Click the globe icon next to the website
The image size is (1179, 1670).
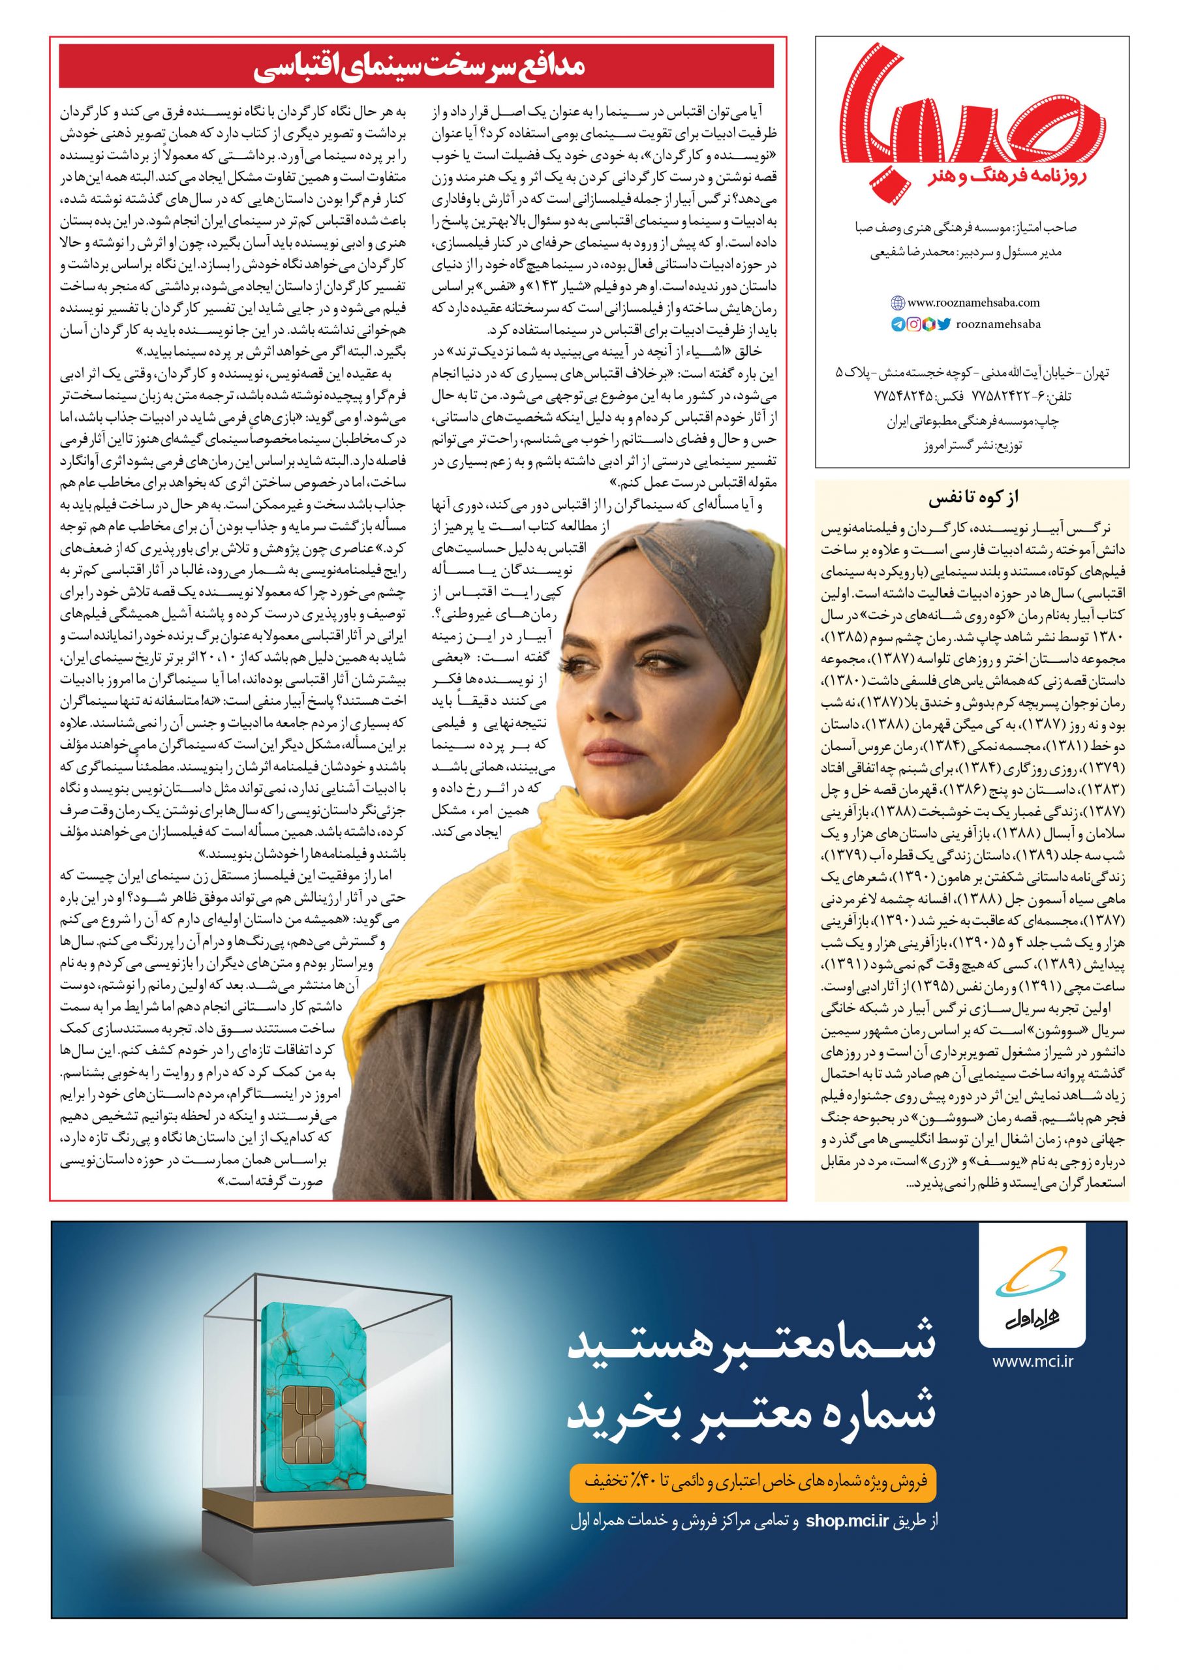pos(898,303)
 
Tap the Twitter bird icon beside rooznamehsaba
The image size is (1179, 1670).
pos(944,324)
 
